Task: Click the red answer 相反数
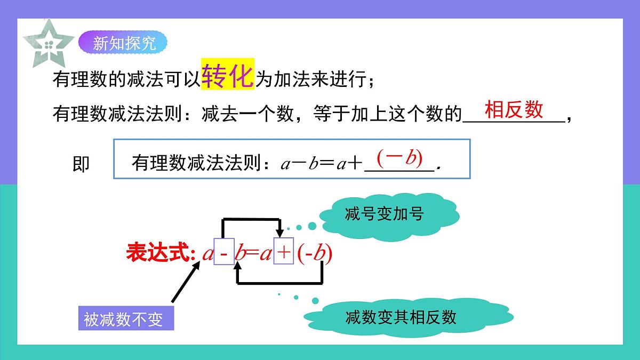[514, 110]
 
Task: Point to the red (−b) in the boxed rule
[399, 157]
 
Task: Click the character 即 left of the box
[81, 164]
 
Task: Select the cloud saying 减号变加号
[384, 214]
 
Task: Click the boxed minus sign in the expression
[224, 253]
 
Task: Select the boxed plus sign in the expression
[284, 253]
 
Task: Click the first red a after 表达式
[207, 254]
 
